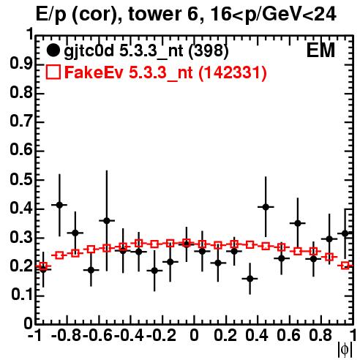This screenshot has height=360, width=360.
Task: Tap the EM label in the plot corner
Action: pyautogui.click(x=320, y=50)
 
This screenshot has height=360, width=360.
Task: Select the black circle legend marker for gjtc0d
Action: pyautogui.click(x=53, y=50)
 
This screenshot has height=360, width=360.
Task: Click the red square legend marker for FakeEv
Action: pyautogui.click(x=53, y=72)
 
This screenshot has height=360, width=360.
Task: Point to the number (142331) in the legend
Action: pyautogui.click(x=232, y=72)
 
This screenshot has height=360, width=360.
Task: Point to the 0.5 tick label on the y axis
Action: pyautogui.click(x=21, y=180)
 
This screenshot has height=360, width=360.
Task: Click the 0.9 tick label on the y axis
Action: pyautogui.click(x=21, y=64)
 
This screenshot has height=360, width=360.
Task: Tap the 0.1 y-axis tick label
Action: pyautogui.click(x=21, y=295)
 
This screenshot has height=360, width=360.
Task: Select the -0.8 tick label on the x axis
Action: pyautogui.click(x=67, y=335)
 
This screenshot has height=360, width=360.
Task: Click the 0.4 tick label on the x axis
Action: pyautogui.click(x=257, y=335)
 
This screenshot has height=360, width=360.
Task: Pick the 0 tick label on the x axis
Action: pyautogui.click(x=194, y=335)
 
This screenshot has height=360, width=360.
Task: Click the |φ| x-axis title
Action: pyautogui.click(x=345, y=350)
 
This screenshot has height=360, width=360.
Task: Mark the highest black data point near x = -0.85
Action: pyautogui.click(x=59, y=205)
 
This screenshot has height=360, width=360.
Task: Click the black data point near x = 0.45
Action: pyautogui.click(x=266, y=207)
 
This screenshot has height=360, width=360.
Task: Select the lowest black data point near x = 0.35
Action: pyautogui.click(x=250, y=279)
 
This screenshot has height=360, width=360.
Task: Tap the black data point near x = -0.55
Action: pyautogui.click(x=107, y=221)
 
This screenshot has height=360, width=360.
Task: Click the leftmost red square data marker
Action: pyautogui.click(x=43, y=266)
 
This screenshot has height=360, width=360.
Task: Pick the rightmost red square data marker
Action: pyautogui.click(x=345, y=266)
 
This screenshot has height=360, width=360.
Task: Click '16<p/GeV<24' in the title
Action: pyautogui.click(x=273, y=14)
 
